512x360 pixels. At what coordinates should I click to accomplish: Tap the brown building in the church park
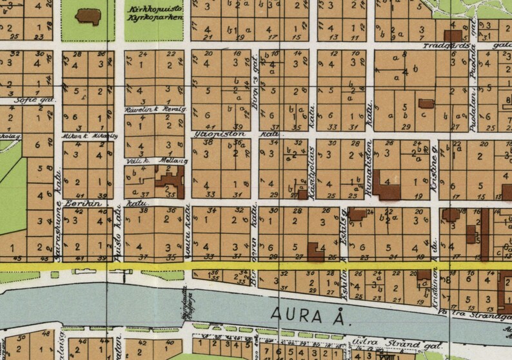coord(88,16)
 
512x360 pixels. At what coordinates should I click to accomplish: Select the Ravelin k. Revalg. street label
coord(155,110)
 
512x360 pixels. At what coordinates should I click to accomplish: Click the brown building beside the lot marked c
coord(426,103)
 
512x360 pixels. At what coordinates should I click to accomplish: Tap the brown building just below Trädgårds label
coord(453,35)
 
